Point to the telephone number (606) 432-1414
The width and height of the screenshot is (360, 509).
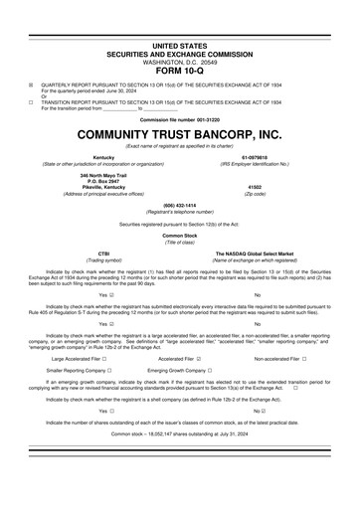tap(179, 204)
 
